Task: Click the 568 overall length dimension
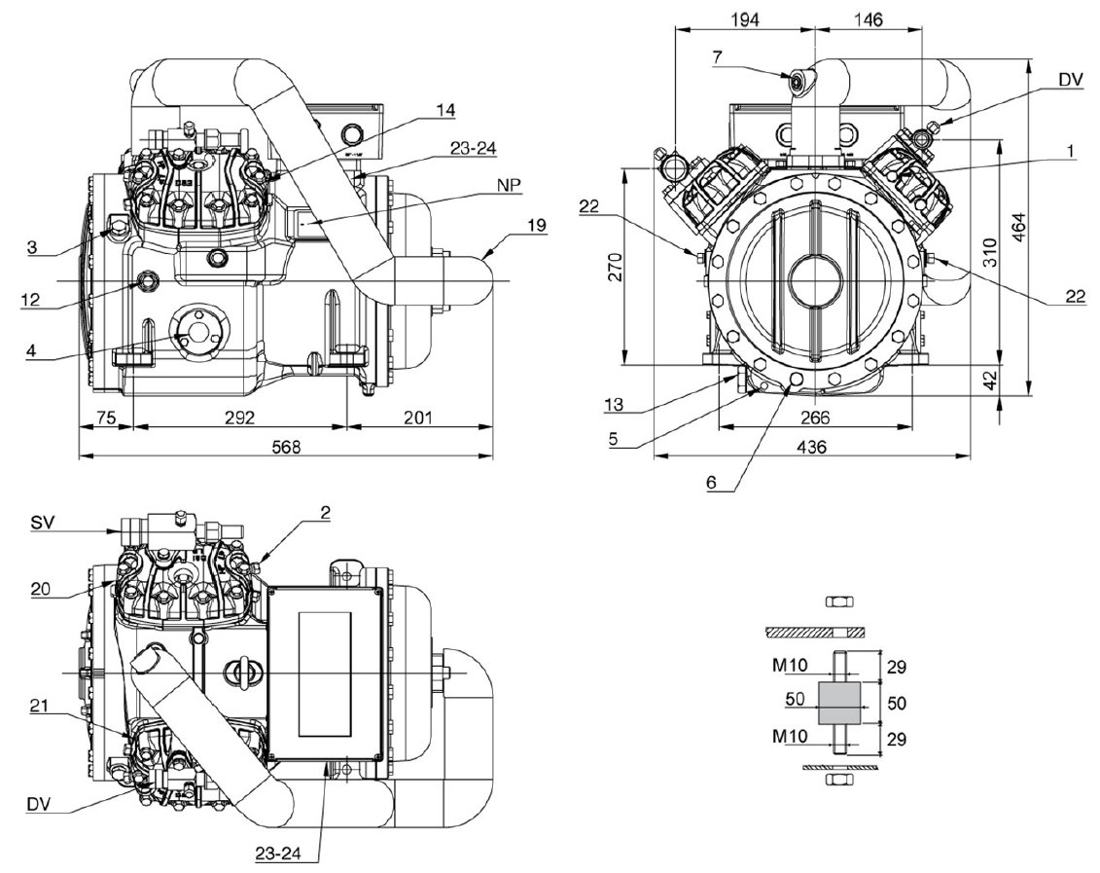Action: pos(286,447)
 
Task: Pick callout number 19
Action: pos(537,225)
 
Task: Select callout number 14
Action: pos(445,110)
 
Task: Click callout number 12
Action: pos(31,301)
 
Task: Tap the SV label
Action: pos(44,523)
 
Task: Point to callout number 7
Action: pos(716,57)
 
